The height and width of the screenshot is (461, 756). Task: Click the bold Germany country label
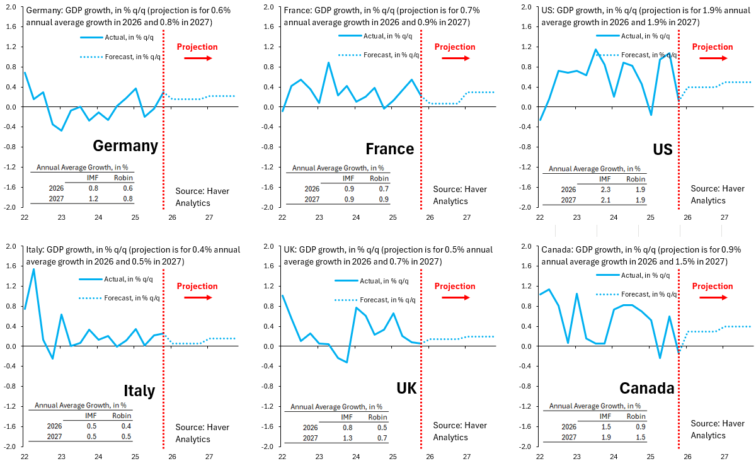click(x=125, y=146)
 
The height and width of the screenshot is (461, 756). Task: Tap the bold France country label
click(x=389, y=149)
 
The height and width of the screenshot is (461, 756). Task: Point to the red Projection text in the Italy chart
click(x=197, y=286)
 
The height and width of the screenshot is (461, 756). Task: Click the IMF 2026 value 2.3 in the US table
click(x=605, y=190)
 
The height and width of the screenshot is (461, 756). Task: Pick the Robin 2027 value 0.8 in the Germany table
click(x=128, y=198)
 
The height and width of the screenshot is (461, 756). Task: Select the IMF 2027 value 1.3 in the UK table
click(x=346, y=438)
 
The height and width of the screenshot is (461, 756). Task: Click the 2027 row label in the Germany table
click(x=55, y=198)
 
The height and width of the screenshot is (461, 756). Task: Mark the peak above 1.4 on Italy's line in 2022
click(x=33, y=269)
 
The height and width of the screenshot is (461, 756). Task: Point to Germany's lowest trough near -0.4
click(x=61, y=130)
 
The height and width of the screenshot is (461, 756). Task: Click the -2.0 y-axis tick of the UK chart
click(x=268, y=447)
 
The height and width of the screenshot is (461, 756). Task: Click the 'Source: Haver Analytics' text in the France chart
click(x=455, y=195)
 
